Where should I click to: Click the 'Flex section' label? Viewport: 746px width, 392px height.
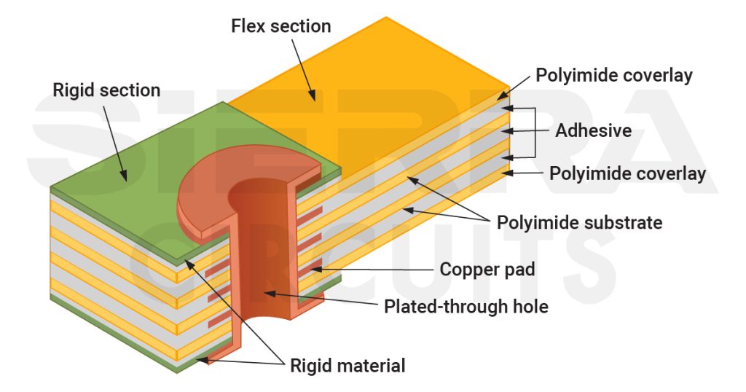pos(280,27)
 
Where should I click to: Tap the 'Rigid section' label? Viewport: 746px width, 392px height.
pos(106,90)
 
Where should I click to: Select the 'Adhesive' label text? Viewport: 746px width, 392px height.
pos(593,131)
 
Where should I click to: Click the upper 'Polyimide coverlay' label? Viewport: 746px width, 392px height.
pos(613,75)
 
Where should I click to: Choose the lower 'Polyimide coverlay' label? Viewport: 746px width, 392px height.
pos(627,173)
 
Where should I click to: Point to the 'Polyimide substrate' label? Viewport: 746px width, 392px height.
pos(579,222)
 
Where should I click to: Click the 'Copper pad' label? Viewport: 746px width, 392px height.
pos(487,270)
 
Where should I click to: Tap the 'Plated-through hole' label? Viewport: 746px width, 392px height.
pos(466,307)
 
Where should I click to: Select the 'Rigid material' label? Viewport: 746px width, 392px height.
pos(348,366)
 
